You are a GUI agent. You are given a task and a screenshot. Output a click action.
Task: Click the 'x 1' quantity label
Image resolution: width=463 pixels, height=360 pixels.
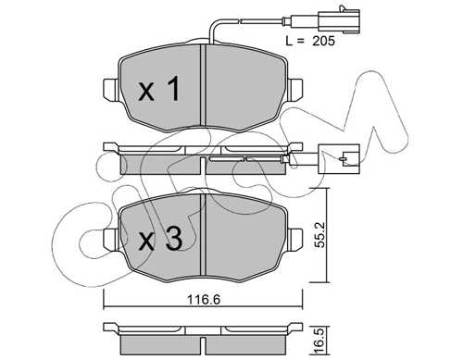pos(158,89)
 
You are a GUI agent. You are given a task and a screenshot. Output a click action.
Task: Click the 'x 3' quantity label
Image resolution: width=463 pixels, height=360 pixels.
pos(160,240)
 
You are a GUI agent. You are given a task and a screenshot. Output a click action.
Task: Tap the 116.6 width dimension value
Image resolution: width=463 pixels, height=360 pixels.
pos(204,299)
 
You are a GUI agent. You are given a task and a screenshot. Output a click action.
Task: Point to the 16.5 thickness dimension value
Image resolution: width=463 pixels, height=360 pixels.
pos(320,341)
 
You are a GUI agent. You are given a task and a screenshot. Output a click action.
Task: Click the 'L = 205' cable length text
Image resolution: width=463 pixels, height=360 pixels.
pos(310,41)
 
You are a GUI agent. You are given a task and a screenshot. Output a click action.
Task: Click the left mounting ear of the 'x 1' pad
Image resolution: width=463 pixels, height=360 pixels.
pos(110,90)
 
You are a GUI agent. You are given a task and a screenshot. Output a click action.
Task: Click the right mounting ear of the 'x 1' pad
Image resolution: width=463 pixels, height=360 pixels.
pos(294,90)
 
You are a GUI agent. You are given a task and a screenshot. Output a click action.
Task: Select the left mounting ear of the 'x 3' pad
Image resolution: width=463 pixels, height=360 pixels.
pos(110,240)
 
